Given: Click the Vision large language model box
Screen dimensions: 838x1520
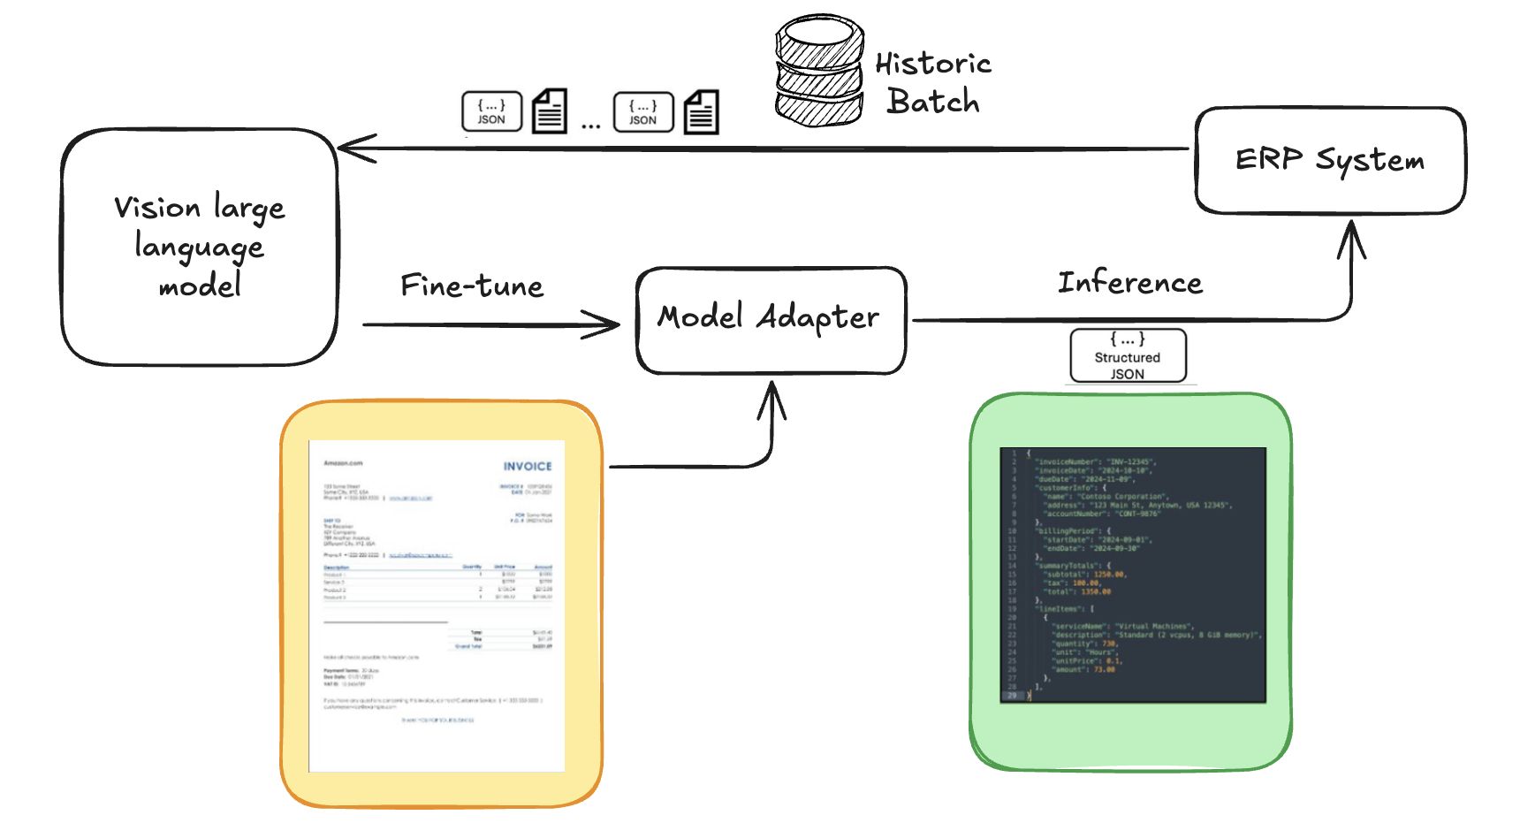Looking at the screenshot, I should [x=200, y=247].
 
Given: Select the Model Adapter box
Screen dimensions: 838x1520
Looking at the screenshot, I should [x=771, y=319].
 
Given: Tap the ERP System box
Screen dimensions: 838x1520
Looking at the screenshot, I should [x=1329, y=160].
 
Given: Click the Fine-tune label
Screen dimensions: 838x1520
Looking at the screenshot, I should [x=472, y=286].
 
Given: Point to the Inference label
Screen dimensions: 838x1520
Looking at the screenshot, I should [x=1130, y=283].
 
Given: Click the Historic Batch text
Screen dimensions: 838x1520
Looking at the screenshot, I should [x=932, y=82].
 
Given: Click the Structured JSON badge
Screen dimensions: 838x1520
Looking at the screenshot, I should [x=1128, y=356].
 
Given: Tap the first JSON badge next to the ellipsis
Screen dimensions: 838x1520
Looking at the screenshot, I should [x=491, y=111].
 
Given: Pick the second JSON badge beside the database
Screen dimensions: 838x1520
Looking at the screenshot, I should [x=643, y=112].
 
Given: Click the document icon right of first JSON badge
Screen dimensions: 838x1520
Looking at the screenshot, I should [x=549, y=112].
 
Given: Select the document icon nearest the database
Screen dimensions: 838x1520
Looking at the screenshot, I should [x=701, y=112].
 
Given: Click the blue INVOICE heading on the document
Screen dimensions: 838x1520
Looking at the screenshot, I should [x=528, y=466].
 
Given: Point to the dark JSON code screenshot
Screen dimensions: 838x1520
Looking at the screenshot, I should [x=1132, y=575].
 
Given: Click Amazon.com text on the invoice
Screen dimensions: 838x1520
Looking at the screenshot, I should [x=343, y=463].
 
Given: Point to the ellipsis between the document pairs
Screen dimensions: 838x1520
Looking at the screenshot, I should [x=590, y=126].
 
